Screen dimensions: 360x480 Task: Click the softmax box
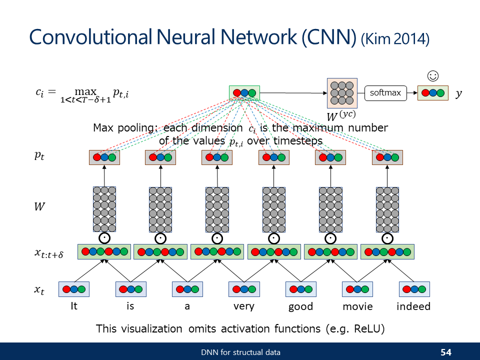(x=385, y=93)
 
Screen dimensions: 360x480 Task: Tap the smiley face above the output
(x=433, y=76)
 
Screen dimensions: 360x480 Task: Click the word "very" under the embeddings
(x=244, y=306)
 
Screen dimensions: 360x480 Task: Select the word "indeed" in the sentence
(x=413, y=306)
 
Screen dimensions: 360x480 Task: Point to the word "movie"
(x=357, y=306)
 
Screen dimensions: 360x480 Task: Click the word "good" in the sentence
(x=300, y=306)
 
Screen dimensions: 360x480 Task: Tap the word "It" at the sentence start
(x=74, y=306)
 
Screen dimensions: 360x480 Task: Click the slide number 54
(x=446, y=352)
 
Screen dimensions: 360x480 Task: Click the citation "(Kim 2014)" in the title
(x=395, y=39)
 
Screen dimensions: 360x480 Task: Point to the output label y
(x=459, y=93)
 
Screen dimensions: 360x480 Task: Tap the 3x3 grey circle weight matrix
(x=341, y=93)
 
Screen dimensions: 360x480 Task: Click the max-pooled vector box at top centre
(x=244, y=93)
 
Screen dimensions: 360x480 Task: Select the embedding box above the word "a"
(x=187, y=289)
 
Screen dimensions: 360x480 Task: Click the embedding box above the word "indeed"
(x=414, y=289)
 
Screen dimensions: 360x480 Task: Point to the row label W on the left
(x=39, y=206)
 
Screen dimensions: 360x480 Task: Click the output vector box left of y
(x=433, y=93)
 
